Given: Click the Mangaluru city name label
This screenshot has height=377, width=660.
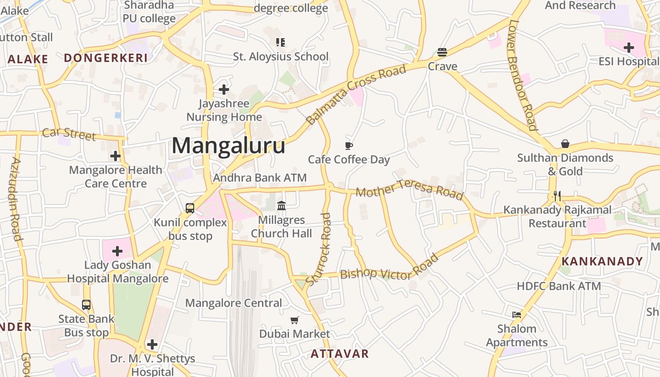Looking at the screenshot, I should (228, 146).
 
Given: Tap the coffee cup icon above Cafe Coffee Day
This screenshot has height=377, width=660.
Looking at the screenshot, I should (349, 146).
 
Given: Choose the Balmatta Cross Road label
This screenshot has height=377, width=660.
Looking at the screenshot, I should (356, 95).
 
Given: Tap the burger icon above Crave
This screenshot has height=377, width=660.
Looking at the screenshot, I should (442, 52).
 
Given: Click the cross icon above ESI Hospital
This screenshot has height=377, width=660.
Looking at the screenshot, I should (628, 47).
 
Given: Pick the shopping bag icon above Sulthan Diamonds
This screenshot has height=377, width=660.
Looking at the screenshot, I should (565, 144).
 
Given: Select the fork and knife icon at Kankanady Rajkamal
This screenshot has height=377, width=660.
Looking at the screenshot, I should (557, 196).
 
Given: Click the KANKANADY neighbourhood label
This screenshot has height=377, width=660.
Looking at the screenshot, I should (602, 261).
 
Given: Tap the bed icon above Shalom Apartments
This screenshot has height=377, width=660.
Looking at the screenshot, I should (517, 314).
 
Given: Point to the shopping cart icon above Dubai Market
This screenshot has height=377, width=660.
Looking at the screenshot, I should (295, 320).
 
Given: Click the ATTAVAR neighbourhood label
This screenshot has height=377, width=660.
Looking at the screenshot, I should (339, 353).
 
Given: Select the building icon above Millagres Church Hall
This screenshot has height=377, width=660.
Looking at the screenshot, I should (281, 205).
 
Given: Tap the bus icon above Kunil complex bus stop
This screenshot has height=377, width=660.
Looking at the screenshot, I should (190, 208).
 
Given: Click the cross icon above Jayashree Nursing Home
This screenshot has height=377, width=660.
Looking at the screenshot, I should (224, 89).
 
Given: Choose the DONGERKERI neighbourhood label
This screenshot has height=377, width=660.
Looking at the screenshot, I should (106, 58).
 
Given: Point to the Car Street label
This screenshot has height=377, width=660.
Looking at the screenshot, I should (69, 134).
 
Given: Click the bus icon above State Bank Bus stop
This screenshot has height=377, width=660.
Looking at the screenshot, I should (86, 305).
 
